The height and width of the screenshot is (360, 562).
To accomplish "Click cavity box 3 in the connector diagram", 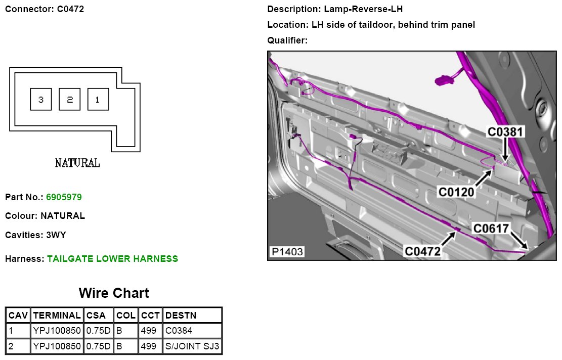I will [x=41, y=100].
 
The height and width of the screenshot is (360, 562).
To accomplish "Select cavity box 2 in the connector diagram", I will [x=70, y=100].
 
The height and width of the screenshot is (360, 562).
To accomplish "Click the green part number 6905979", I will [x=64, y=197].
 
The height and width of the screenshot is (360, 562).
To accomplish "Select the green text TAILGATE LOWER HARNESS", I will [x=112, y=259].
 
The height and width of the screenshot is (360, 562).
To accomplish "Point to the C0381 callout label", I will [x=506, y=132].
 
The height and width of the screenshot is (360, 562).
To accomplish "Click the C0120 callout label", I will [x=457, y=192].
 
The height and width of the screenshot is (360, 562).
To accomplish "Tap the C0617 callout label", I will [x=491, y=229].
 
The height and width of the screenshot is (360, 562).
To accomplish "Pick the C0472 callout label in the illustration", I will [x=422, y=251].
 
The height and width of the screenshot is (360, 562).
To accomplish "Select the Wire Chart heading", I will [x=114, y=293].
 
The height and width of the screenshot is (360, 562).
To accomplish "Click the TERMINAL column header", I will [x=57, y=315].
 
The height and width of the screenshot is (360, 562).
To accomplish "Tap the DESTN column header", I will [x=181, y=315].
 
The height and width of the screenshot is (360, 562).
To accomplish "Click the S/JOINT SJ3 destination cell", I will [x=192, y=347].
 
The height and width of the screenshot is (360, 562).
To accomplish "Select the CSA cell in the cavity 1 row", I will [x=98, y=331].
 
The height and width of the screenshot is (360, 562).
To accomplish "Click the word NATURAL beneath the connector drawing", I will [x=77, y=163].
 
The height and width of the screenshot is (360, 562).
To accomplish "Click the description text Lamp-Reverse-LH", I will [x=364, y=9].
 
